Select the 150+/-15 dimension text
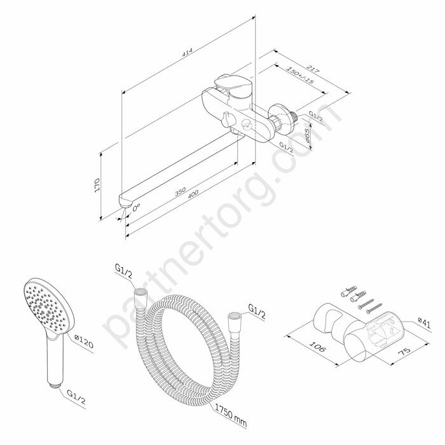coord(299,75)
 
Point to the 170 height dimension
coord(97,185)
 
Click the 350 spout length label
coord(180,191)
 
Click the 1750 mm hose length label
coord(231,416)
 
